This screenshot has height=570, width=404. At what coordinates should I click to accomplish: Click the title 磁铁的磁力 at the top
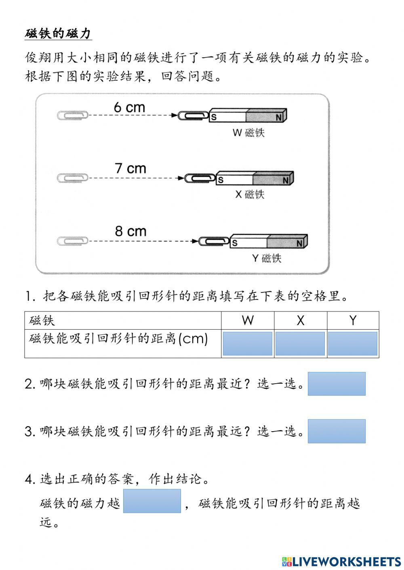(x=58, y=33)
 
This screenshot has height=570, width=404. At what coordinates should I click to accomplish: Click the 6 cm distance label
(x=129, y=107)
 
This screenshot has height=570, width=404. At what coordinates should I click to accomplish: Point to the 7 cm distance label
(x=130, y=168)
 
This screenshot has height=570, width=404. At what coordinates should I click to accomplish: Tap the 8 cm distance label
(x=130, y=231)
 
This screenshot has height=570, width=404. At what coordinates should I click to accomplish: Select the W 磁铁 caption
(x=248, y=132)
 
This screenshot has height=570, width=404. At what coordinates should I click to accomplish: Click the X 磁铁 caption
(x=250, y=194)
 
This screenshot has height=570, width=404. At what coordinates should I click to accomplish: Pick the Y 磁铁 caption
(x=266, y=258)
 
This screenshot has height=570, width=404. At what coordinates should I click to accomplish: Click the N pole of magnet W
(x=278, y=117)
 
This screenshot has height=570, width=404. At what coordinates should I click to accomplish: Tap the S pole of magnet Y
(x=235, y=243)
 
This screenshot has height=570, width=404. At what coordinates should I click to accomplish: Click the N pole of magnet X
(x=285, y=180)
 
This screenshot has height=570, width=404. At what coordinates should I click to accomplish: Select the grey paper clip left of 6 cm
(x=73, y=115)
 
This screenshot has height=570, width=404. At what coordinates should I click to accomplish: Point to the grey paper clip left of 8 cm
(x=73, y=241)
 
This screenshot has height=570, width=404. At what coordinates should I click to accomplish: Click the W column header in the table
(x=248, y=320)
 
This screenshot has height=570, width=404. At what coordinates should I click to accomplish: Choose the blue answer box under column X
(x=300, y=344)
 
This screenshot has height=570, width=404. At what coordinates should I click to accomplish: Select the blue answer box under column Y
(x=353, y=344)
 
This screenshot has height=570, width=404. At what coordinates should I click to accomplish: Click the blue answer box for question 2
(x=337, y=384)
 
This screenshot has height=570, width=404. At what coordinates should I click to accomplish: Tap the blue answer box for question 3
(x=337, y=431)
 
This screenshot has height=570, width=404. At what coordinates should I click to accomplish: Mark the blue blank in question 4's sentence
(x=152, y=501)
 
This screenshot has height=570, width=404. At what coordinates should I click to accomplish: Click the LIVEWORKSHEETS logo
(x=341, y=561)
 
